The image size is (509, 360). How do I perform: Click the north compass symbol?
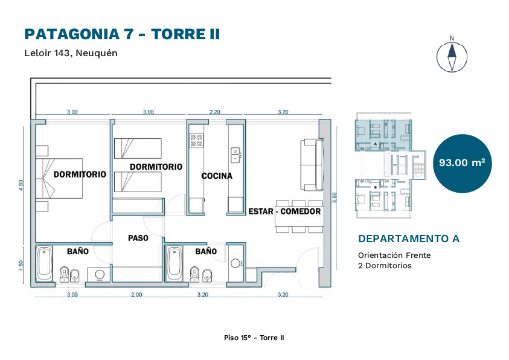[x=452, y=55]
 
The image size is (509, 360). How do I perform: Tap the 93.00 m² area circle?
[x=462, y=163]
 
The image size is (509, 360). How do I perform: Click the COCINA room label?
[x=217, y=176]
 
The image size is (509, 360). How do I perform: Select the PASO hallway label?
[x=138, y=238]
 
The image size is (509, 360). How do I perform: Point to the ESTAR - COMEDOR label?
[x=284, y=211]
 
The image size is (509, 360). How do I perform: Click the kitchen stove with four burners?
[x=196, y=141]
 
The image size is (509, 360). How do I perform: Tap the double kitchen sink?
[x=235, y=155]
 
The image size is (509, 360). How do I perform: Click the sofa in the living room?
[x=312, y=164]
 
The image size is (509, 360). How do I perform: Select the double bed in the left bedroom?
[x=59, y=178]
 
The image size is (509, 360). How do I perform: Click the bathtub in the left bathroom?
[x=44, y=264]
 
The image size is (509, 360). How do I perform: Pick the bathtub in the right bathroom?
[x=174, y=264]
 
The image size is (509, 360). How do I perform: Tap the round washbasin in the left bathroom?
[x=100, y=275]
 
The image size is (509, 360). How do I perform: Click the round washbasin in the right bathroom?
[x=235, y=263]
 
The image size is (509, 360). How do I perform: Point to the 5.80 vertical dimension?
[x=335, y=198]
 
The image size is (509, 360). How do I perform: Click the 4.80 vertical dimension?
[x=21, y=185]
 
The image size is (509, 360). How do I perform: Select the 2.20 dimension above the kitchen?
[x=214, y=112]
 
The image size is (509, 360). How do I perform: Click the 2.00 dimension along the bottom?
[x=136, y=294]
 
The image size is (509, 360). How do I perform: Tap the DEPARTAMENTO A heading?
[x=409, y=239]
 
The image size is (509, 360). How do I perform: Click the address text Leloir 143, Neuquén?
[x=71, y=53]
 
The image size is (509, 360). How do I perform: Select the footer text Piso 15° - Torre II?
[x=254, y=338]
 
